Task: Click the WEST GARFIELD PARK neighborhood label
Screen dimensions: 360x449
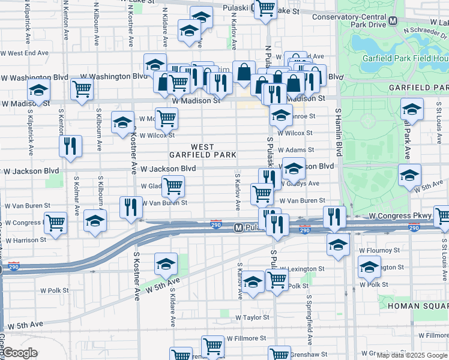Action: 202,151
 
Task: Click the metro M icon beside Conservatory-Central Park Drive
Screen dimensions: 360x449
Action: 393,21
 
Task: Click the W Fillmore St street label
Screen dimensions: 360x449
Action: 246,339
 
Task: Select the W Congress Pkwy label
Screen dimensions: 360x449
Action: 393,215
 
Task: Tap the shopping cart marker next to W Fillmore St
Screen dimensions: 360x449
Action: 212,346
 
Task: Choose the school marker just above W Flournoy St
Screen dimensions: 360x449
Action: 338,244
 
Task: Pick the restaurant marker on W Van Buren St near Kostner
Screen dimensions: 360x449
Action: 131,207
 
